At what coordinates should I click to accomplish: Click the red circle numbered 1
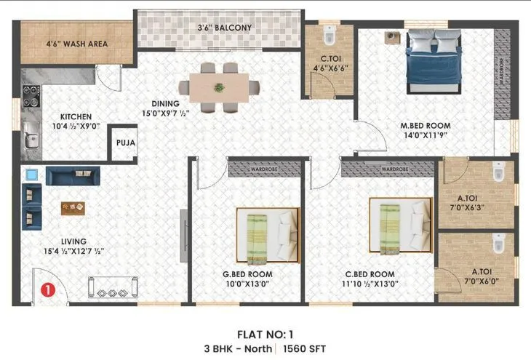tap(47, 289)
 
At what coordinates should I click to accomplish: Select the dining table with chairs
tap(219, 87)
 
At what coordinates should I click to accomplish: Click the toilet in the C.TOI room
tap(329, 36)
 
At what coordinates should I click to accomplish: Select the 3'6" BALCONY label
tap(224, 28)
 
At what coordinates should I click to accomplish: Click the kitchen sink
tap(31, 134)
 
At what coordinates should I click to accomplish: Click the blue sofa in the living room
tap(71, 175)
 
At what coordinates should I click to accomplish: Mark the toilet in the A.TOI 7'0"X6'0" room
tap(498, 246)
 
